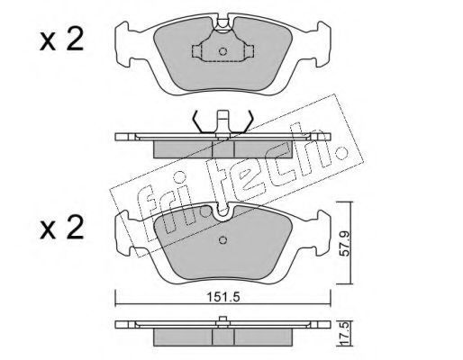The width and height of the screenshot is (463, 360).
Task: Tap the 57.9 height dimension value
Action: [345, 243]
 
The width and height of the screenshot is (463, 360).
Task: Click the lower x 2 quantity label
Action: [61, 228]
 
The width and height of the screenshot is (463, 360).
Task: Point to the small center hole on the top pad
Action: [222, 51]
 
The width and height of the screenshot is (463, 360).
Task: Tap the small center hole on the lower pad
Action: [222, 240]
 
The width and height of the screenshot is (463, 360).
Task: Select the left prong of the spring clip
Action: [199, 121]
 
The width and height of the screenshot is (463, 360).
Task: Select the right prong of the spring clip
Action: [247, 121]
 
